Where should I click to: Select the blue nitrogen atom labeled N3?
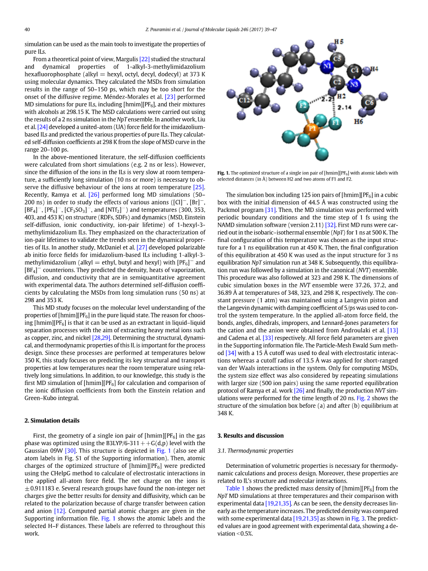[x=354, y=85]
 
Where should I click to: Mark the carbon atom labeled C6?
[x=369, y=102]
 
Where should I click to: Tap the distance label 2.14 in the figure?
[x=344, y=107]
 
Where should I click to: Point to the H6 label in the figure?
[x=359, y=122]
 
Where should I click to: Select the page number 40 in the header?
[x=27, y=30]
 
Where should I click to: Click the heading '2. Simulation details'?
[x=52, y=421]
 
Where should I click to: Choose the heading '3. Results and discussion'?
[x=250, y=435]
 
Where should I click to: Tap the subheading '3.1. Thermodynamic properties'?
[x=255, y=451]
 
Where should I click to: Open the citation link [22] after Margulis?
[x=145, y=59]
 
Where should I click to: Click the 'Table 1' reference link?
[x=235, y=488]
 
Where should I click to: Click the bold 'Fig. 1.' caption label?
[x=223, y=173]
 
